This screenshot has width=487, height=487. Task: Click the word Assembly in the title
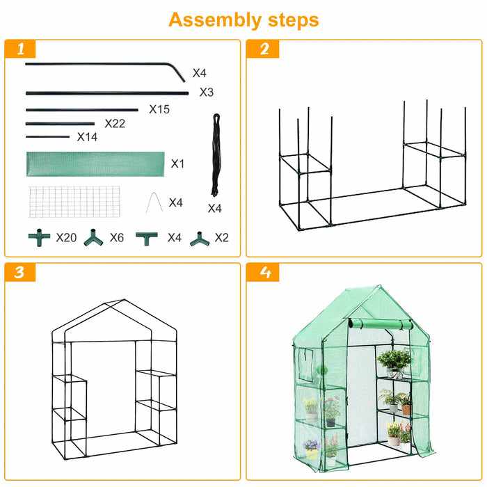click(x=215, y=20)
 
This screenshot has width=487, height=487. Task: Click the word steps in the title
click(x=294, y=20)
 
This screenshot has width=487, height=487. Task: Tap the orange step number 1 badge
click(x=20, y=49)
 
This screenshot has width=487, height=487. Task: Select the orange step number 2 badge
click(x=263, y=49)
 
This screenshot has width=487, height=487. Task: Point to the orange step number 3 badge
click(x=20, y=273)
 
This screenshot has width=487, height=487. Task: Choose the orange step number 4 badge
click(x=263, y=273)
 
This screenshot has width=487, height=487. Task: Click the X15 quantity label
click(x=159, y=109)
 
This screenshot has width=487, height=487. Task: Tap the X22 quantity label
click(x=115, y=124)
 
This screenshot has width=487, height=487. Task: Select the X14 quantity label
click(x=87, y=136)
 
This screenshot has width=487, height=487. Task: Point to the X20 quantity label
click(x=67, y=238)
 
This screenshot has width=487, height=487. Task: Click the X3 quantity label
click(x=207, y=93)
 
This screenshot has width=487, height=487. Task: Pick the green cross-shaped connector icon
click(x=39, y=238)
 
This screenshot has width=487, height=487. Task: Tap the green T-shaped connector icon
click(x=147, y=239)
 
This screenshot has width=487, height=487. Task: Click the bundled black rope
click(x=216, y=155)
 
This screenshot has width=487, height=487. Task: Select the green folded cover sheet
click(x=95, y=164)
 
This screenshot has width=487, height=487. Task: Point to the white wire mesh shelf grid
click(x=74, y=202)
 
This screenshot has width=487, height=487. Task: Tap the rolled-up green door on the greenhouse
click(x=381, y=324)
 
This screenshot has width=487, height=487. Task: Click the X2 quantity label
click(x=222, y=238)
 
